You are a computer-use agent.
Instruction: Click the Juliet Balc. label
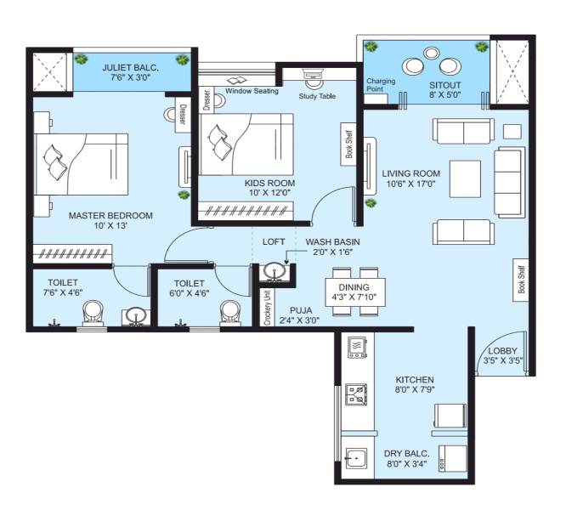click(x=130, y=67)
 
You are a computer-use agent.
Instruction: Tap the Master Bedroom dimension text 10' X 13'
click(x=110, y=225)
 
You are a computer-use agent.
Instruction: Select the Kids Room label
click(x=269, y=183)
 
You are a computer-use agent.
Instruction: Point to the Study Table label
click(x=317, y=96)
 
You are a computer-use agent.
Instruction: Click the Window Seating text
click(x=252, y=91)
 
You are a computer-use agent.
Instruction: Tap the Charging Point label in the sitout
click(x=381, y=85)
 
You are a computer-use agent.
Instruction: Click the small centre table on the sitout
click(x=432, y=53)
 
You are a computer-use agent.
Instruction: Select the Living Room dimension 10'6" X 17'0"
click(x=410, y=184)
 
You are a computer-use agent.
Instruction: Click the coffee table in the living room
click(x=465, y=179)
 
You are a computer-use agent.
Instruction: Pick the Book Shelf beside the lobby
click(x=520, y=280)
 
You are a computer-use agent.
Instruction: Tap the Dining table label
click(x=354, y=287)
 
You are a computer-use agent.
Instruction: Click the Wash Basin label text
click(x=332, y=242)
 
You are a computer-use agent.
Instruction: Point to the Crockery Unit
click(x=267, y=308)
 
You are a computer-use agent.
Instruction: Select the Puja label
click(x=301, y=310)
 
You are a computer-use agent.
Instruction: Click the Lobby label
click(x=503, y=351)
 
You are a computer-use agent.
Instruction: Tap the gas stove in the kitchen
click(x=356, y=394)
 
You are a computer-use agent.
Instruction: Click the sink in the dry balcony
click(x=356, y=458)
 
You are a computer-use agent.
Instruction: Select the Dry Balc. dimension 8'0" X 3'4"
click(x=407, y=463)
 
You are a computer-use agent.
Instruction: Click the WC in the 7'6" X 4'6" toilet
click(x=93, y=313)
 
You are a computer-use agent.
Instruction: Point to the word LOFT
click(x=274, y=242)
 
